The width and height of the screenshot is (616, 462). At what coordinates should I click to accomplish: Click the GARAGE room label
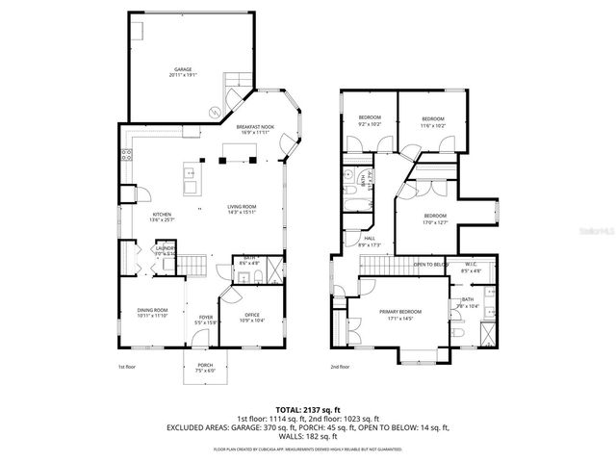point(183,69)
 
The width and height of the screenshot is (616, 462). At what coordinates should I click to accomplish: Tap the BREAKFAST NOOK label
point(256,127)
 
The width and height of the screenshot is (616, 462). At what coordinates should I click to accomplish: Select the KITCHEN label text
point(162,216)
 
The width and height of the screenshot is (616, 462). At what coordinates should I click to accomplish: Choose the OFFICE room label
point(251,315)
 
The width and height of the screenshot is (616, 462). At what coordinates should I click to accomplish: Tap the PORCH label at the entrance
point(205,365)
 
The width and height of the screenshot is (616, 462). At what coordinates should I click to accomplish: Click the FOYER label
point(206,318)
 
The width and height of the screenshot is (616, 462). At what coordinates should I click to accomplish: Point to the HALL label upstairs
point(370,239)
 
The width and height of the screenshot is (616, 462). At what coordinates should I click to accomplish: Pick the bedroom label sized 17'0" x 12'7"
point(435,216)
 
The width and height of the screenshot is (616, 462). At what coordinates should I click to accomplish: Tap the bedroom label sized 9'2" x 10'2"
point(370,118)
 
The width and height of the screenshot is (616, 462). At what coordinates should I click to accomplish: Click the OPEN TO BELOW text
point(430,264)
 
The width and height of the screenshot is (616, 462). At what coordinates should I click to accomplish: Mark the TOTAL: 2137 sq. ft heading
point(307,409)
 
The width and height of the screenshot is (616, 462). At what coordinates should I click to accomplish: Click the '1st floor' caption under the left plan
point(126,367)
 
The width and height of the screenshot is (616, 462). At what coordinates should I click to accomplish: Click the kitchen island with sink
point(191,180)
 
